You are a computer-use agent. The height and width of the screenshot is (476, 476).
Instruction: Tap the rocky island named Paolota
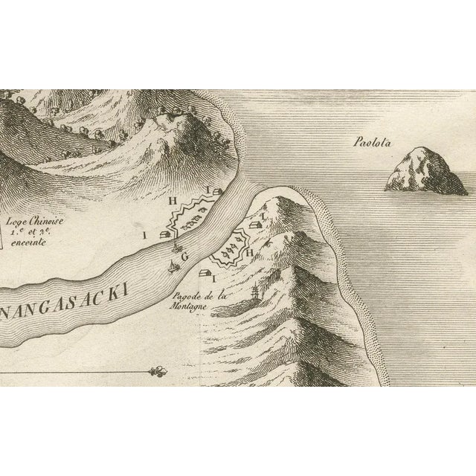(x=424, y=171)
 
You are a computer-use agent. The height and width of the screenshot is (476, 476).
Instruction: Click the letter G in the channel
(x=185, y=256)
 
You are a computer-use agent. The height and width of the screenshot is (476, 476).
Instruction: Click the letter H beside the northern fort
(x=173, y=201)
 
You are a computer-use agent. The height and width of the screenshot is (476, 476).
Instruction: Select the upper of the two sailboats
(x=176, y=247)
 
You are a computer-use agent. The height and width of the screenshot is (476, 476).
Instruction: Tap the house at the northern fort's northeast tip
(x=217, y=193)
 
